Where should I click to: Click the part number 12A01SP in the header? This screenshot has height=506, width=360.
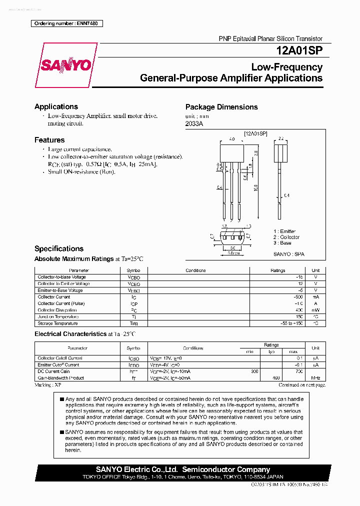(299, 50)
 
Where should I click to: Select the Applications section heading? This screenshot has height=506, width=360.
(56, 106)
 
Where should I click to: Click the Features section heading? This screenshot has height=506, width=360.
(49, 140)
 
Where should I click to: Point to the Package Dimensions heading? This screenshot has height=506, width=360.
(221, 107)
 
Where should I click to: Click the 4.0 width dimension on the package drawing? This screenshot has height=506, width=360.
(232, 139)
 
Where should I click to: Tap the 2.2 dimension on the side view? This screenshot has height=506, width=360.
(281, 139)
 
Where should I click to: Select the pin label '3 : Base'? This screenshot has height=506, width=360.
(282, 243)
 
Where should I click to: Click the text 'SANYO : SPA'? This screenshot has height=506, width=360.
(288, 254)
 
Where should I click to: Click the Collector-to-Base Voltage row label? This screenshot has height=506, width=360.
(61, 277)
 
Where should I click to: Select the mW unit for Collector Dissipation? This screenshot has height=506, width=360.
(315, 310)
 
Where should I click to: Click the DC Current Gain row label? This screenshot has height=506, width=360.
(53, 371)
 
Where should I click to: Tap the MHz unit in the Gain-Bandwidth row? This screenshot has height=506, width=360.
(315, 378)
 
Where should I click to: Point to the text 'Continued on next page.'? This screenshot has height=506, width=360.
(301, 385)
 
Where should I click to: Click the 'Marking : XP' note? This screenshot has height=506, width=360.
(48, 385)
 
